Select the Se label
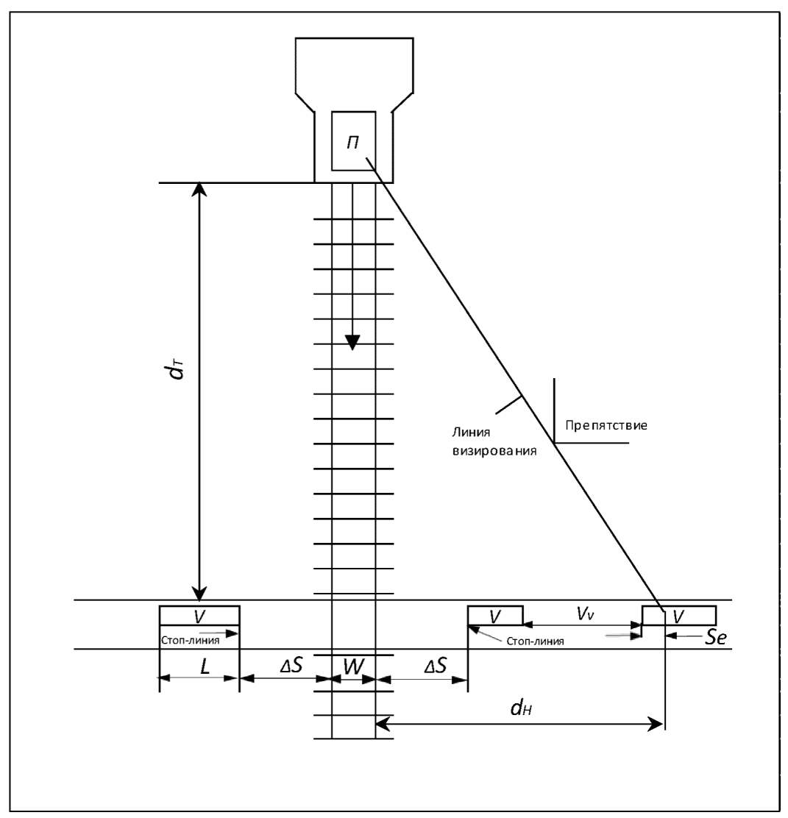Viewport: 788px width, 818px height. point(707,636)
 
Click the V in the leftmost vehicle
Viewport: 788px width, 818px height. point(199,614)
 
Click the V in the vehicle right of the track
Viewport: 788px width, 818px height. point(495,614)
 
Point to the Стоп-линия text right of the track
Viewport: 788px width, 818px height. point(536,641)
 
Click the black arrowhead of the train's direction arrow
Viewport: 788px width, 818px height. point(353,342)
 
